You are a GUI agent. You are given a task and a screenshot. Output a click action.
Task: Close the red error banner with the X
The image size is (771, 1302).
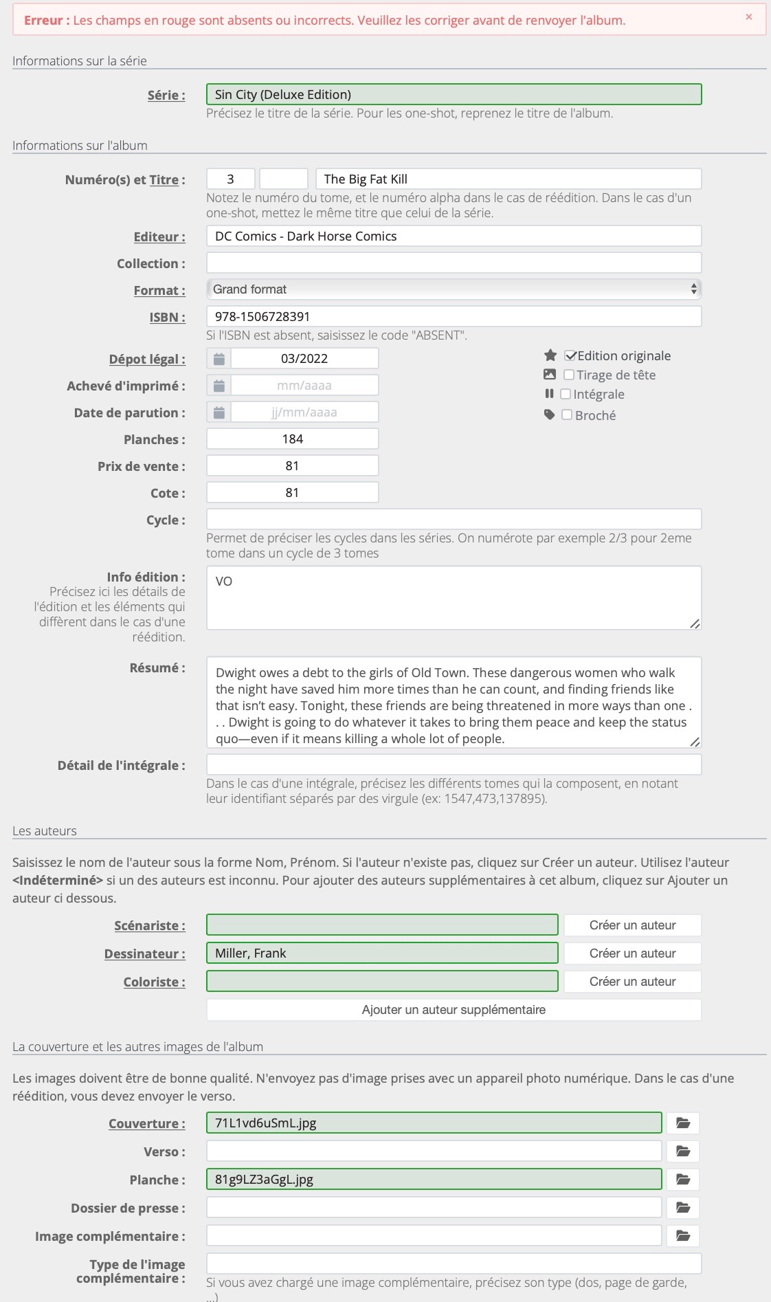(748, 17)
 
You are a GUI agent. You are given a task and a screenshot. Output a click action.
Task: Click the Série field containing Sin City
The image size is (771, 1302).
(454, 95)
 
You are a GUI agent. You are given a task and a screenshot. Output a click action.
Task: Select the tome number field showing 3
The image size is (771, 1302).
(231, 179)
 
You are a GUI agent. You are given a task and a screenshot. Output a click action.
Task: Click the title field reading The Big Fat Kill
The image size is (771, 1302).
(509, 179)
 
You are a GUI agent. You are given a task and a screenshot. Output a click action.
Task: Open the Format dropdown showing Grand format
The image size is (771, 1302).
(454, 289)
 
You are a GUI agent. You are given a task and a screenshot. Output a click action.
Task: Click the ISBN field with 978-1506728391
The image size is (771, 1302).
(454, 317)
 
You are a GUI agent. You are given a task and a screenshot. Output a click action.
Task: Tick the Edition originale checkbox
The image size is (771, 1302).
(570, 356)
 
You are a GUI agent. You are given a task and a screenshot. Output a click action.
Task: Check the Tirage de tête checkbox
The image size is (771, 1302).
(569, 375)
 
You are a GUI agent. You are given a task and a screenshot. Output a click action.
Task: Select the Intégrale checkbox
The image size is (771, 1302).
(566, 395)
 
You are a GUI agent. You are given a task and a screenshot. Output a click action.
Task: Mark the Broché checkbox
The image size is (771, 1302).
(567, 415)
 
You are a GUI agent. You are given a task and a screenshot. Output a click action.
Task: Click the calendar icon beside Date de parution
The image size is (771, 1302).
(219, 412)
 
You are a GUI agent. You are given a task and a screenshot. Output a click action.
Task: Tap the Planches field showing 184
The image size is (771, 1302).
(293, 439)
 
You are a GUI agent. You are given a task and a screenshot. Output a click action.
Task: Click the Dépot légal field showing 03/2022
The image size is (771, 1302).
(304, 359)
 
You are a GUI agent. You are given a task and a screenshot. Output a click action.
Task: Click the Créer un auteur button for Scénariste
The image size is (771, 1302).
(632, 925)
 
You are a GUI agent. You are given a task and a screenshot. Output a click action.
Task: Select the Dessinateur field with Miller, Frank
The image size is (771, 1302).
(382, 953)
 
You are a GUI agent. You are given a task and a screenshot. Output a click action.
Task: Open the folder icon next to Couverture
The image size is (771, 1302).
(682, 1123)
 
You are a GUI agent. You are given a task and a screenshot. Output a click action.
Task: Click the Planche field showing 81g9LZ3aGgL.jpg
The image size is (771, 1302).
(434, 1180)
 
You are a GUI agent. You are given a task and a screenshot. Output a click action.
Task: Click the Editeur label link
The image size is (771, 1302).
(159, 237)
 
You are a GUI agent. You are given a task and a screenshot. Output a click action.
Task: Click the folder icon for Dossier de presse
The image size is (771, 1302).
(682, 1208)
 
